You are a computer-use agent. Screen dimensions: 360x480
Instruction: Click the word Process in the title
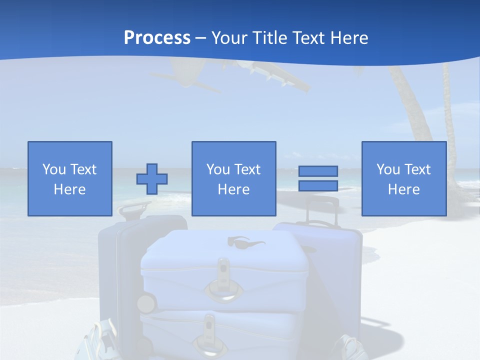click(157, 38)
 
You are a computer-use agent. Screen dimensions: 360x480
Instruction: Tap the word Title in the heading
click(271, 38)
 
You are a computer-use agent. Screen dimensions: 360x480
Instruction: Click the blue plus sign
click(152, 179)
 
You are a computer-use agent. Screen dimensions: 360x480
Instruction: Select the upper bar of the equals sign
click(318, 171)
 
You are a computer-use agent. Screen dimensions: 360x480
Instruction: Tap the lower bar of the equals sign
click(318, 186)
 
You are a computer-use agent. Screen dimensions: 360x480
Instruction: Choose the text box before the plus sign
click(69, 178)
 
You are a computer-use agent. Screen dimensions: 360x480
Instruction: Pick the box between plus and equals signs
click(233, 178)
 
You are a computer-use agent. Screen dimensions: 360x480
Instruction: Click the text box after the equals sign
click(403, 178)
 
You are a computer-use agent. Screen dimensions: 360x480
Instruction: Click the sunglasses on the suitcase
click(245, 242)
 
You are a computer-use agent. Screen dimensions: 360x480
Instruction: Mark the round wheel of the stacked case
click(145, 303)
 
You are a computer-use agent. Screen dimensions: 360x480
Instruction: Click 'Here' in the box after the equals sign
click(403, 189)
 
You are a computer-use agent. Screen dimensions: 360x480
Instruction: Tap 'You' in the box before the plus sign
click(54, 169)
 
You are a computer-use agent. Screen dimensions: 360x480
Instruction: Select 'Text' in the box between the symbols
click(248, 169)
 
